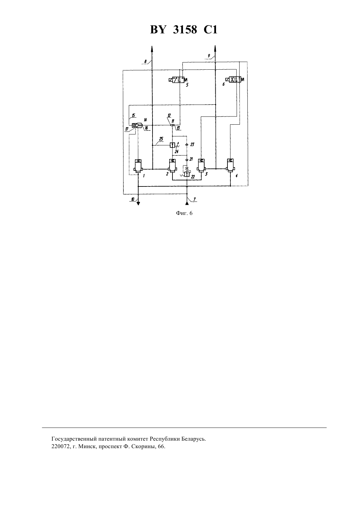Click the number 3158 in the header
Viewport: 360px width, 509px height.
(185, 30)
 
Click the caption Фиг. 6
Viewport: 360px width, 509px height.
(184, 213)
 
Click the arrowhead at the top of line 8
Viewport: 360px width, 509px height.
(152, 48)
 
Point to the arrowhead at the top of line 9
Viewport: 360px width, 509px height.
(215, 48)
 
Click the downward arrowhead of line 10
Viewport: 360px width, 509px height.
(138, 203)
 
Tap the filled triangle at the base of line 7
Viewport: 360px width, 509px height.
(187, 203)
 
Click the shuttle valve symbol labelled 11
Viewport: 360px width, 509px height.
(172, 125)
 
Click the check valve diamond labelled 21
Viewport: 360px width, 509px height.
(187, 160)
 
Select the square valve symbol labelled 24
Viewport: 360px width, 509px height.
(172, 145)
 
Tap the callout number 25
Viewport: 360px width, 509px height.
(161, 139)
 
